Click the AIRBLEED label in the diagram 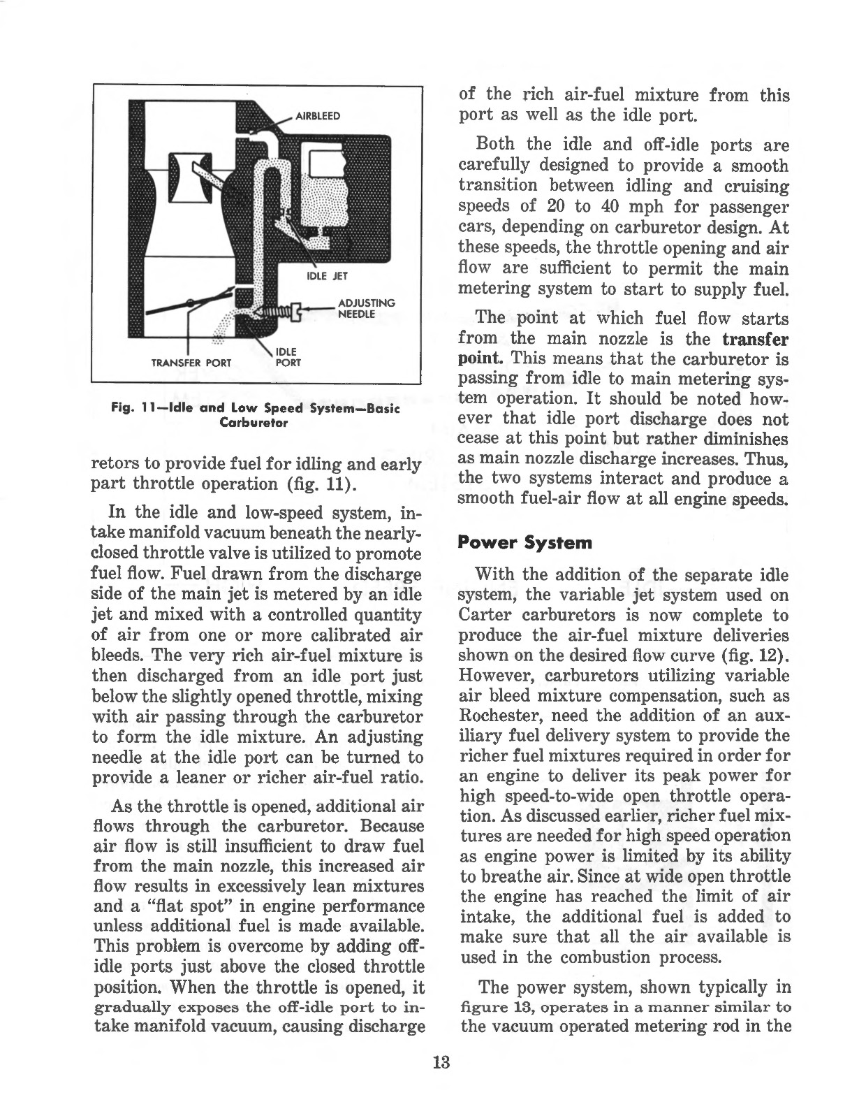click(x=318, y=116)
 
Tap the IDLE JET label click(x=323, y=275)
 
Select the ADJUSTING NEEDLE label click(x=366, y=308)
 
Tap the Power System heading click(x=524, y=542)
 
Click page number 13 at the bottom click(x=441, y=1063)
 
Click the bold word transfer click(x=754, y=340)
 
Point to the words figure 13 click(x=496, y=1008)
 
